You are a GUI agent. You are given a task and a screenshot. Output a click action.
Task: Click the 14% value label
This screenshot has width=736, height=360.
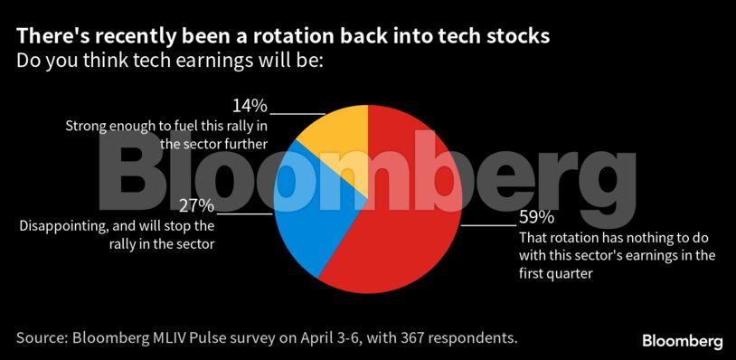coord(250,107)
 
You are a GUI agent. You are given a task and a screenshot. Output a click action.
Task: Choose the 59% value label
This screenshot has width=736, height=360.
coord(536,218)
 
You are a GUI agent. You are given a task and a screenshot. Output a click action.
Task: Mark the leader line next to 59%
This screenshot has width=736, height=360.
coord(489,225)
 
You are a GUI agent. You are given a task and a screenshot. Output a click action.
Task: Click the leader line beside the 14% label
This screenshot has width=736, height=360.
coord(297,113)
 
